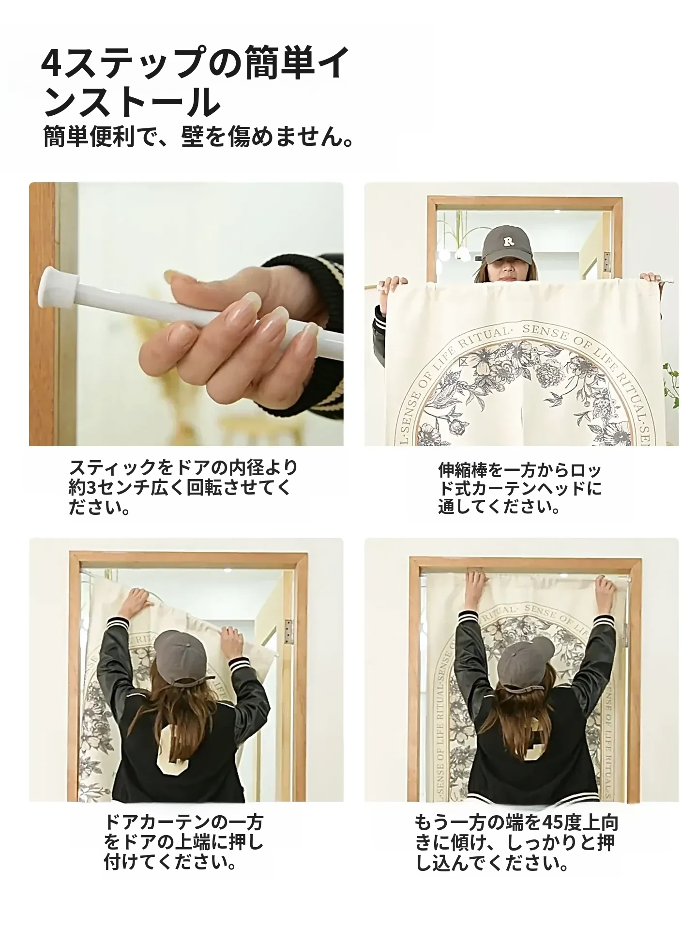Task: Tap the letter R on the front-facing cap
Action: [x=508, y=241]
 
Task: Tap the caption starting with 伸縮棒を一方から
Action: [x=520, y=488]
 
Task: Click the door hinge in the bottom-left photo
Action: [x=288, y=632]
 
